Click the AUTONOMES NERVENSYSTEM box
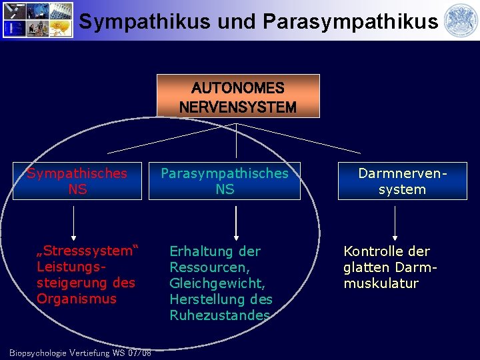(x=238, y=96)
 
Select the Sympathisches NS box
(x=77, y=181)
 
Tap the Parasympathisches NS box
(x=225, y=181)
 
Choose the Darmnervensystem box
(x=402, y=181)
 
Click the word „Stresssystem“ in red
(x=87, y=251)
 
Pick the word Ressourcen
(x=209, y=267)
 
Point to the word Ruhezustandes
(x=221, y=315)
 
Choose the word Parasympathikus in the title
(x=351, y=21)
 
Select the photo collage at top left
(x=36, y=19)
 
